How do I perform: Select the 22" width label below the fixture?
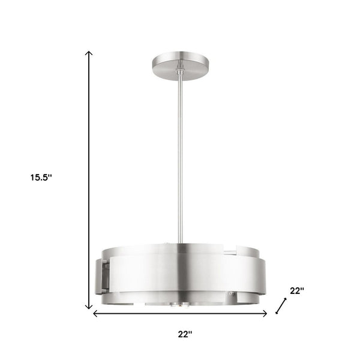point(185,333)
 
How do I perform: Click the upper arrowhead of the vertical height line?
point(90,54)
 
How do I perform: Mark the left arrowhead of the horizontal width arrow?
point(94,313)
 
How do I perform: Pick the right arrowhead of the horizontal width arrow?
point(265,313)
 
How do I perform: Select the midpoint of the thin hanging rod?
point(178,156)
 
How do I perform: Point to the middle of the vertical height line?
point(90,180)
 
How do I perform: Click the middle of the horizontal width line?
point(179,313)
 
